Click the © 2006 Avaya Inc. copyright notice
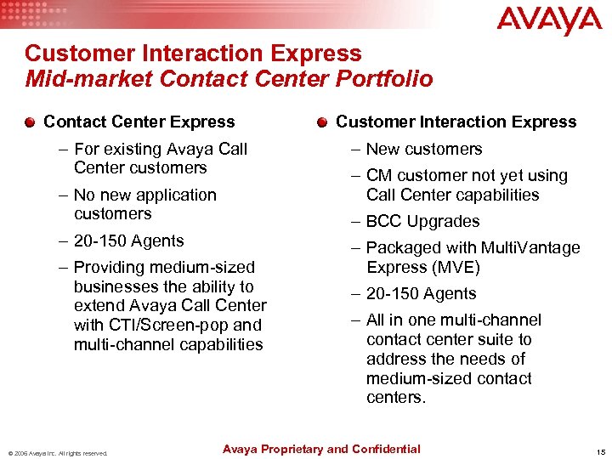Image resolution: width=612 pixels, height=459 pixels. click(57, 453)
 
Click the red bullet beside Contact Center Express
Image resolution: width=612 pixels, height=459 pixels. click(31, 122)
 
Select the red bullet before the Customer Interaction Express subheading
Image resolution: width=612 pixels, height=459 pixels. click(322, 122)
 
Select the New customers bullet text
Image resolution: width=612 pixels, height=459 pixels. click(424, 149)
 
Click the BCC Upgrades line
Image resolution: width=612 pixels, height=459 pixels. click(423, 221)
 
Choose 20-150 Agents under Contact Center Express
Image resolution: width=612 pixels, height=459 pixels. click(128, 241)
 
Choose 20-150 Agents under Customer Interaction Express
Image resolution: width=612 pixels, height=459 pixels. click(421, 293)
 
